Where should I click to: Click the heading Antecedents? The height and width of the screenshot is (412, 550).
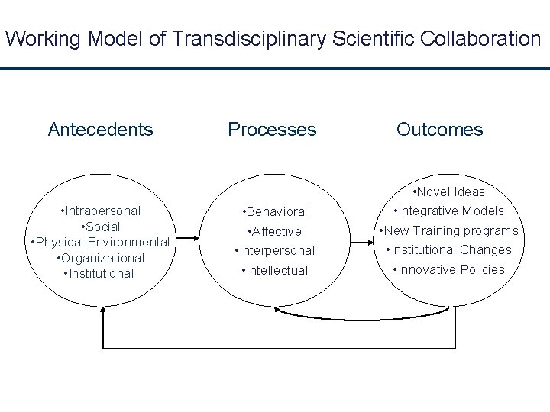click(100, 130)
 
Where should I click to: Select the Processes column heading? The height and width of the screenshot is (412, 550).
click(272, 130)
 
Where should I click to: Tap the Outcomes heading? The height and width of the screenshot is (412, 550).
click(439, 130)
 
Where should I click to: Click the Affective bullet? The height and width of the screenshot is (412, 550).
click(276, 231)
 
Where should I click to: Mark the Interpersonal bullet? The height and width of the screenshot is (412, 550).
click(274, 250)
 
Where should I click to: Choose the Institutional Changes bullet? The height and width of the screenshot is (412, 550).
click(448, 249)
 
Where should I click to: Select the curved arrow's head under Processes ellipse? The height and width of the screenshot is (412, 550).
click(279, 311)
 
